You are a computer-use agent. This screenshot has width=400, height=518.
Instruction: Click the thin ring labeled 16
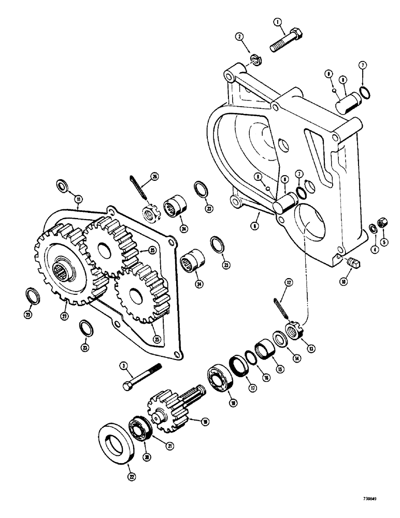click(249, 357)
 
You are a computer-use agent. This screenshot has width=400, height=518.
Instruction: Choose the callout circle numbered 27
click(64, 316)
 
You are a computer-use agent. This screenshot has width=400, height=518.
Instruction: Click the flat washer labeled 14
click(280, 341)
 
